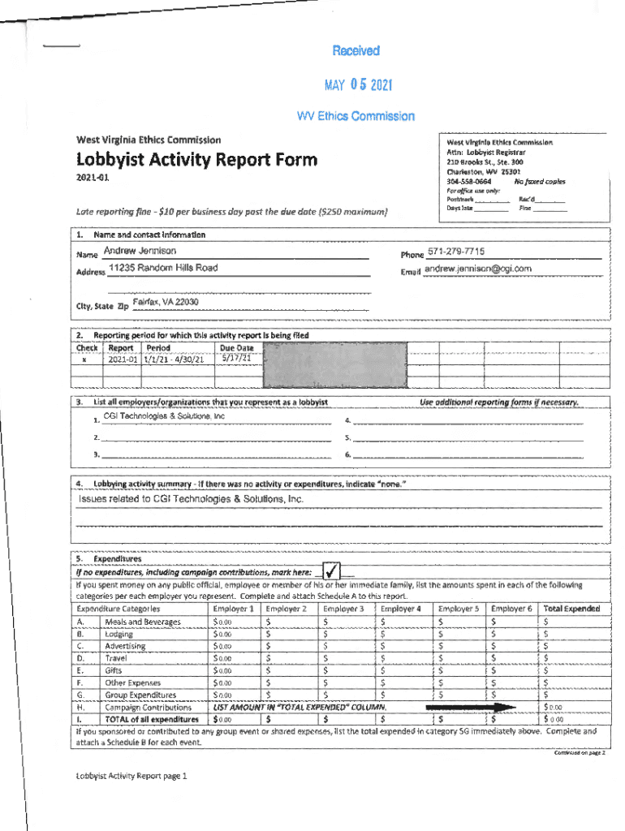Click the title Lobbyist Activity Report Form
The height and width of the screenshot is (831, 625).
(196, 160)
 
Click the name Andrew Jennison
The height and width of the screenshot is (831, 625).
(140, 251)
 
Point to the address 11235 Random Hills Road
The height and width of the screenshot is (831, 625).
(162, 268)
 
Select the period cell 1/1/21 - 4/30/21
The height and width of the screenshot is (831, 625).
(174, 360)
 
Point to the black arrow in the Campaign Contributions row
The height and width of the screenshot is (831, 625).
(471, 708)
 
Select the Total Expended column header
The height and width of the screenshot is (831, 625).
(571, 609)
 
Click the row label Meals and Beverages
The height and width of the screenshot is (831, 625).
(142, 622)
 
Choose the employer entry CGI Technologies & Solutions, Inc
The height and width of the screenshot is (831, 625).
(164, 416)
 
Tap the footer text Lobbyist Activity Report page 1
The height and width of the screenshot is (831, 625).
(131, 775)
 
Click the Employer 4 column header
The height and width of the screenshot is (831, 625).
(401, 609)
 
